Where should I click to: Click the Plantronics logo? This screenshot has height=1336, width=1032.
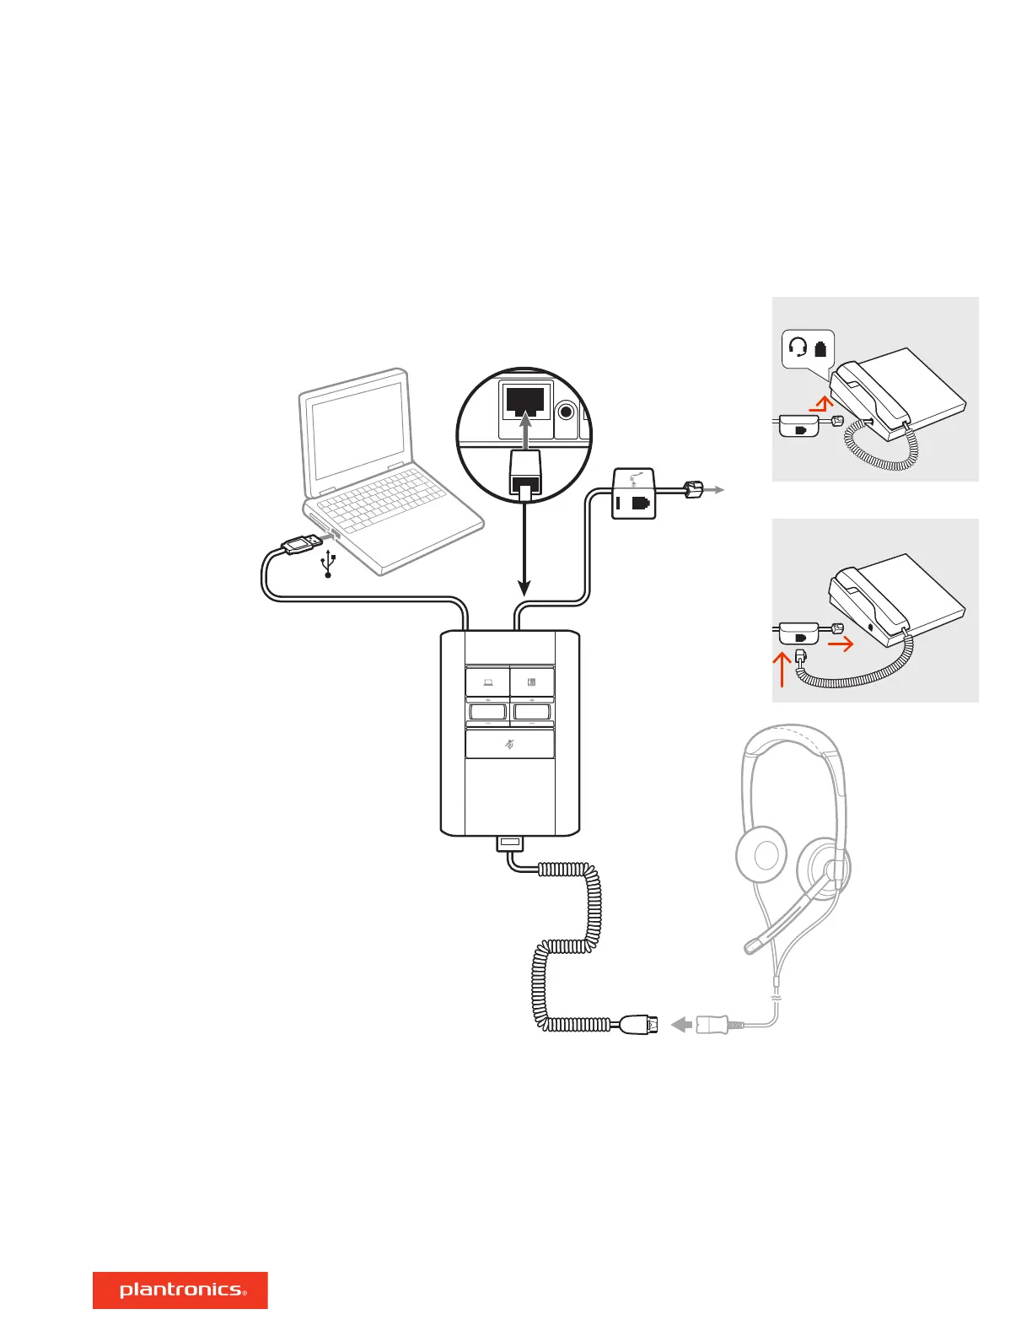click(180, 1290)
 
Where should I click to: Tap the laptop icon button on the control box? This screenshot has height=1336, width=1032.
click(488, 682)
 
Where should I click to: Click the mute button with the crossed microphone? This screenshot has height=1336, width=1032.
click(509, 744)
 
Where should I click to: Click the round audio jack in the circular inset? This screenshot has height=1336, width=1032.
click(567, 412)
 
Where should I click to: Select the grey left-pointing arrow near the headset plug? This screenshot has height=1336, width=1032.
click(681, 1025)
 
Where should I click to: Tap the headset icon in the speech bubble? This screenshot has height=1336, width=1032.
click(798, 347)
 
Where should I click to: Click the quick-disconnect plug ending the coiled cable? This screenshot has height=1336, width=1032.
click(640, 1026)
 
